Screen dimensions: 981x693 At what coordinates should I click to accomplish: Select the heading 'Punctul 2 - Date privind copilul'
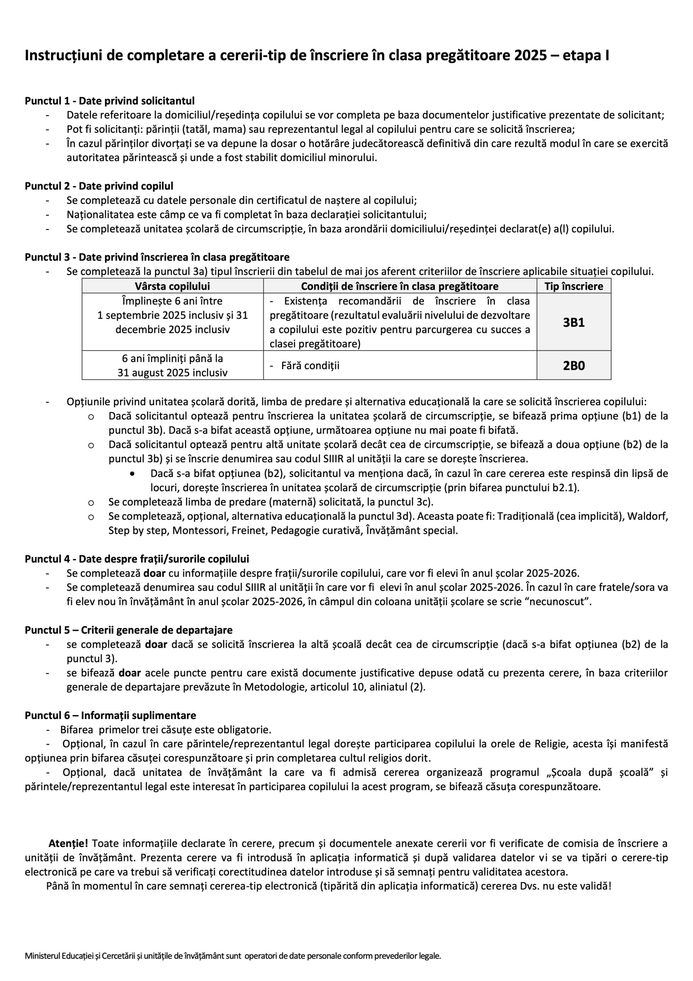[x=99, y=186]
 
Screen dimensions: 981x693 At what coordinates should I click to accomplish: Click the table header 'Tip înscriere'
[x=574, y=286]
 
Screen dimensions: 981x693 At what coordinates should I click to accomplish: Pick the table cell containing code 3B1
[x=574, y=322]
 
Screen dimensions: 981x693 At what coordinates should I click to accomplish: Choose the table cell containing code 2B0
[x=574, y=365]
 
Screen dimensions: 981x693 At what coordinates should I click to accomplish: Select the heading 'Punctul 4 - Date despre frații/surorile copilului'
[x=137, y=559]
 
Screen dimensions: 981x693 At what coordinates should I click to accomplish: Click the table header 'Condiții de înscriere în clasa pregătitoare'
[x=399, y=286]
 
